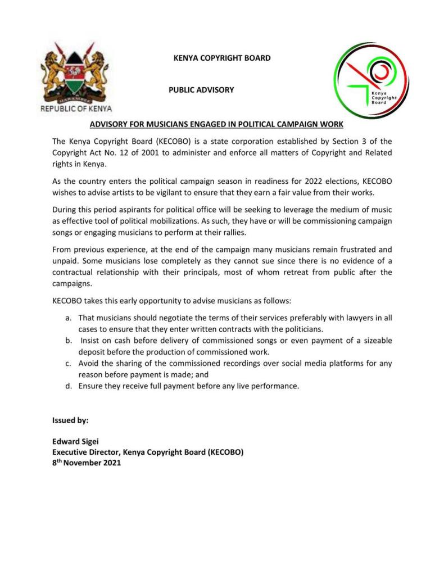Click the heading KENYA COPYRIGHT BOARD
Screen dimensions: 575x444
point(222,58)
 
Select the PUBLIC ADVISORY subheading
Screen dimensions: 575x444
point(201,90)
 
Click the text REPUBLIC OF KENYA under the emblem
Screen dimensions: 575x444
point(76,108)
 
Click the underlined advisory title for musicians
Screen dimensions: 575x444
point(216,123)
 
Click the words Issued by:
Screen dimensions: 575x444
point(70,420)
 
